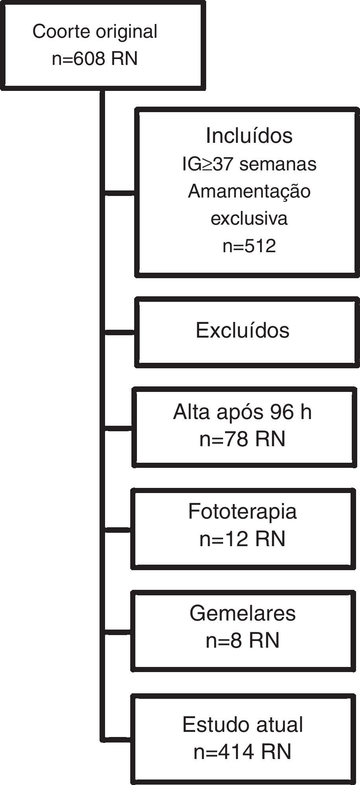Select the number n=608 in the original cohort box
(79, 59)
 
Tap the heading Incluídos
(249, 136)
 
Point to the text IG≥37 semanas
(249, 164)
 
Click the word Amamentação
(249, 191)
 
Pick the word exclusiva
(249, 218)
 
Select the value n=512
(249, 246)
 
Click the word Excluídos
(242, 330)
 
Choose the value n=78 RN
(242, 439)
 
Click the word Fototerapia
(242, 512)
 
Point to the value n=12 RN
(242, 539)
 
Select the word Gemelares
(242, 613)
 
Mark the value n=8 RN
(242, 640)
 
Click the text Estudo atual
(242, 724)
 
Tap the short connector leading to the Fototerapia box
(118, 530)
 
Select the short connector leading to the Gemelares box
(118, 632)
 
